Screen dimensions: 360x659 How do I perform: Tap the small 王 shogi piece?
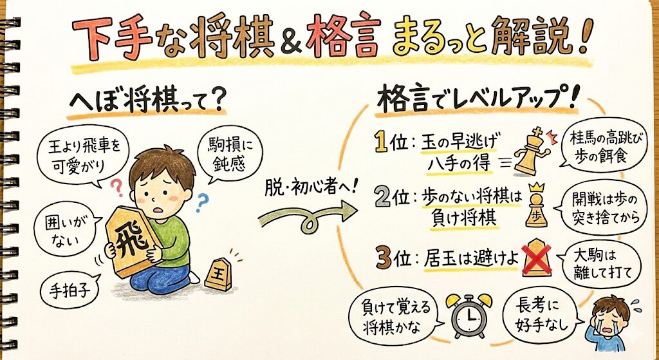point(219,274)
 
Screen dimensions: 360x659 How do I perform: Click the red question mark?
point(117,188)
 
